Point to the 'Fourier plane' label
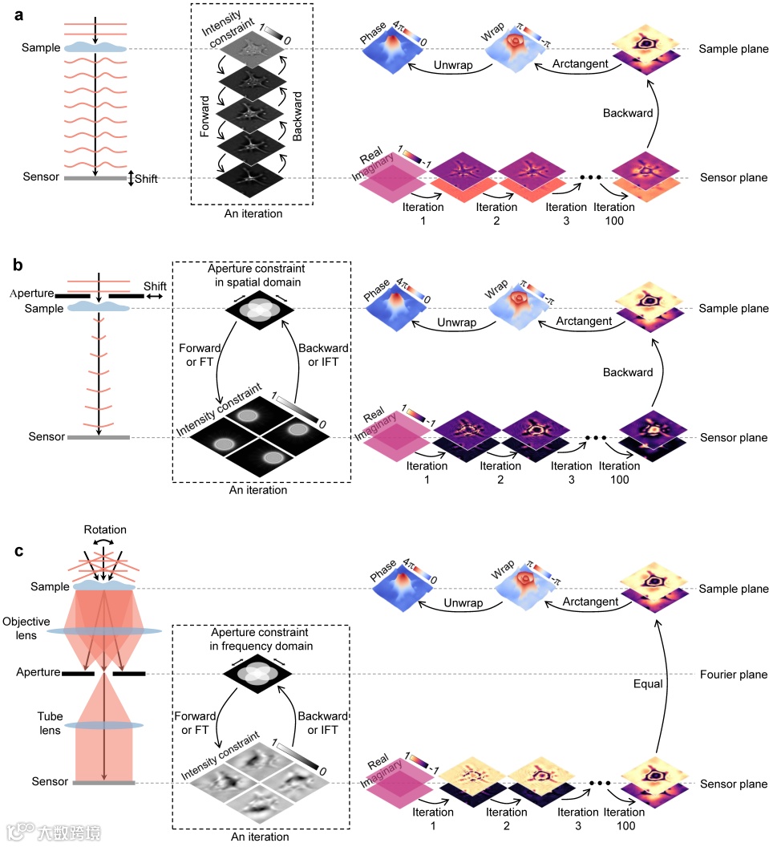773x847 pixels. (732, 675)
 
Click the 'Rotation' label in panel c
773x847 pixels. (104, 530)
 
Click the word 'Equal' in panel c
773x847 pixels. (641, 684)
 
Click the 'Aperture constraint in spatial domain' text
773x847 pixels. (261, 272)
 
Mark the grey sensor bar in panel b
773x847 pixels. (98, 437)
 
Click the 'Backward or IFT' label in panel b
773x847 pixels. (323, 354)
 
